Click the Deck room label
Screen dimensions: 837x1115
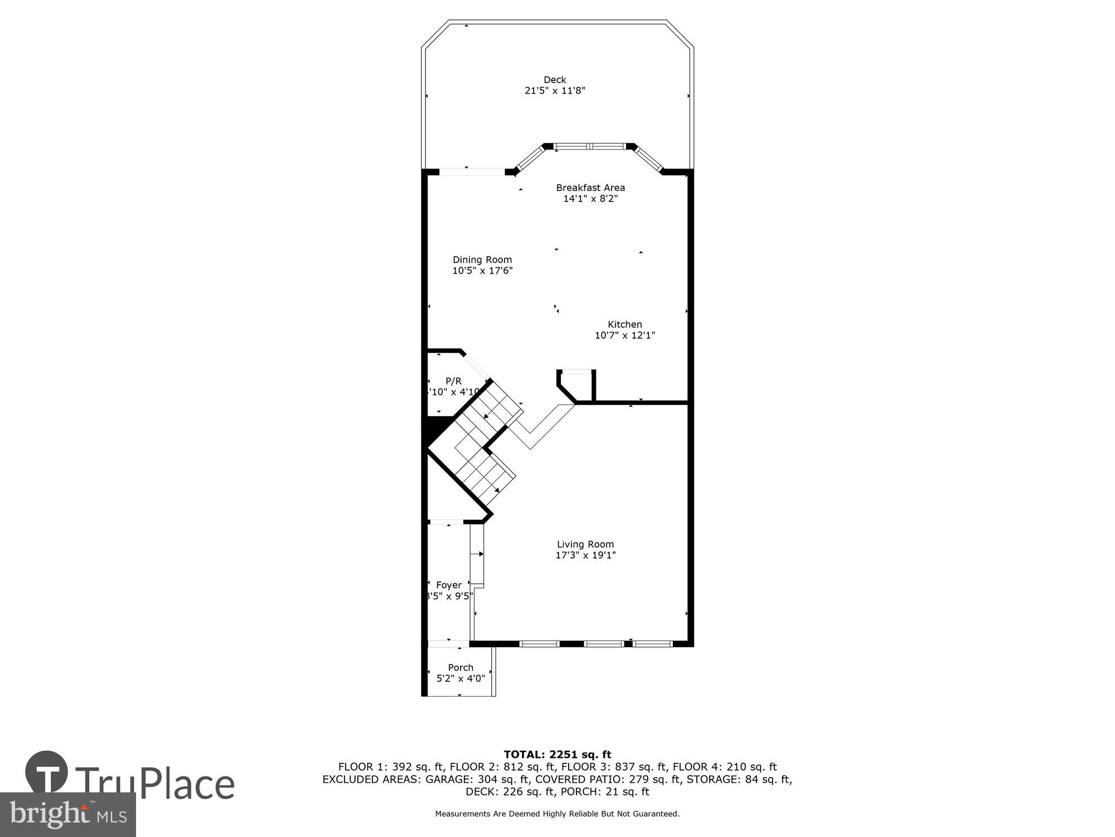pos(555,80)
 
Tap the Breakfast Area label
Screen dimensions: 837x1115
pos(590,187)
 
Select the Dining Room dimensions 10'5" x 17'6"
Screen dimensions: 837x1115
pos(482,271)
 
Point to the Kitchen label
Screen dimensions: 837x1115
pos(624,324)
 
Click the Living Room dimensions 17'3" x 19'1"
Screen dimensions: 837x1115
pos(585,555)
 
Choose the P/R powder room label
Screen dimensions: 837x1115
pos(453,381)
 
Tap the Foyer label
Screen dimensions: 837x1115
pos(449,585)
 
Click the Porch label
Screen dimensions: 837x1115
pos(460,667)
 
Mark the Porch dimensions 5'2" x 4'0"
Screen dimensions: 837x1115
pos(460,679)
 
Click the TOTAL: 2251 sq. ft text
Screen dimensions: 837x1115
pos(557,755)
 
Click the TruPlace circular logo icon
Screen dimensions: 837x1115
pos(46,773)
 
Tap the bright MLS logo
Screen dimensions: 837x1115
pos(68,815)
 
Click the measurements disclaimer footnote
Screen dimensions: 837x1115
pos(557,814)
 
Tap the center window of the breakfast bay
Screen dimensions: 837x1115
pos(590,147)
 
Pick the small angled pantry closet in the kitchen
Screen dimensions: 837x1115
pos(577,385)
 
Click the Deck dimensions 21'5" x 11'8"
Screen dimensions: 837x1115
pos(555,91)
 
